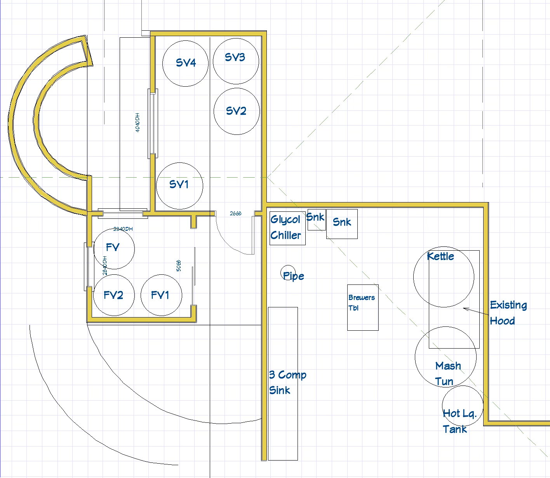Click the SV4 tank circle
click(x=185, y=63)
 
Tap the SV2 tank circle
click(x=236, y=111)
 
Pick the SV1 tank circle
click(x=179, y=185)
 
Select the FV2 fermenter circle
click(x=114, y=295)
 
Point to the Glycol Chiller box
click(x=287, y=228)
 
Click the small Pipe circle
click(x=288, y=273)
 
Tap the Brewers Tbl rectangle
click(x=363, y=307)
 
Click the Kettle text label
click(x=440, y=256)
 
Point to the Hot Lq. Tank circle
click(x=462, y=406)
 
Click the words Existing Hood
click(x=508, y=313)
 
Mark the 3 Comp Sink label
click(x=287, y=382)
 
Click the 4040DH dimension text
click(x=138, y=123)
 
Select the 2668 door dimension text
click(x=235, y=213)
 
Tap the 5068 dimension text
click(x=179, y=266)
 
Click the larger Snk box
click(x=342, y=224)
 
